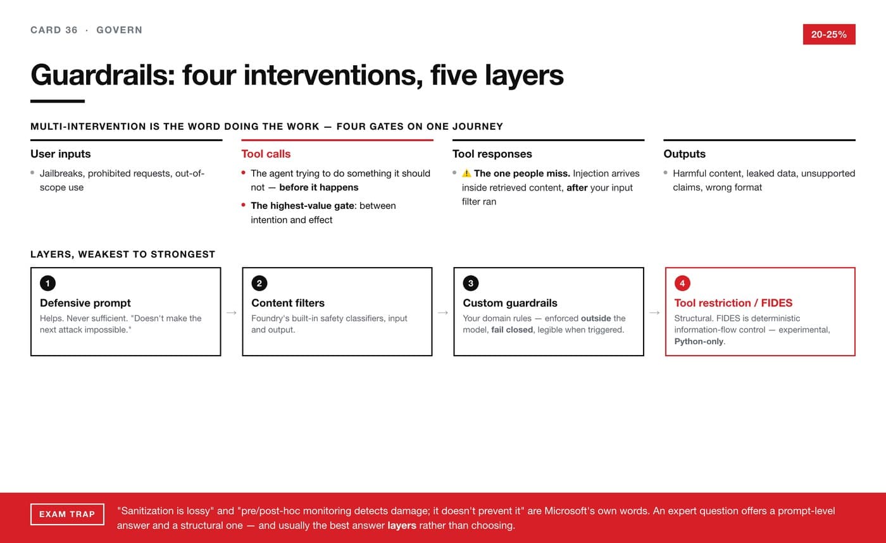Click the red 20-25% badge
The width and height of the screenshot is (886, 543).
829,34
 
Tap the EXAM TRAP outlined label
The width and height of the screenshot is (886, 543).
67,514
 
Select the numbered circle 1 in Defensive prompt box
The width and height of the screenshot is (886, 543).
48,283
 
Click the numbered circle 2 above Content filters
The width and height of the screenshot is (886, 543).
259,283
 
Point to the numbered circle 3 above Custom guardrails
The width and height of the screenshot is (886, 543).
471,283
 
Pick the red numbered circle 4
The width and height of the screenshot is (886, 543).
682,283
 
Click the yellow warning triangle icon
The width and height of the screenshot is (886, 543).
467,173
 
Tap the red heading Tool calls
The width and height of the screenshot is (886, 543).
266,154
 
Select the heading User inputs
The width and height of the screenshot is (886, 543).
61,154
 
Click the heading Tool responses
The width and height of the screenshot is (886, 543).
492,154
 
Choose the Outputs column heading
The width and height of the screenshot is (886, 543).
684,154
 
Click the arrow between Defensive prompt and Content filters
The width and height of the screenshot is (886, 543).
232,313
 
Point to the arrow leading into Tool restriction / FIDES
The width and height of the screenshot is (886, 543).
654,313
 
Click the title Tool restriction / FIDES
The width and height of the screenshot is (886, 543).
733,303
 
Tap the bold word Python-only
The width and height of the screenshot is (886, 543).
699,341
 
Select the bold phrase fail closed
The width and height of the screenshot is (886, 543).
512,330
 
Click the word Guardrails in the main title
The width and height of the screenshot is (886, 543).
103,75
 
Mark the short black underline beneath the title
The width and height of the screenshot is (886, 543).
58,101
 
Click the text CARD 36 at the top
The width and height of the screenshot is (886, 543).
54,30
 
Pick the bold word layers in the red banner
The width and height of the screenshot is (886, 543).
401,526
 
